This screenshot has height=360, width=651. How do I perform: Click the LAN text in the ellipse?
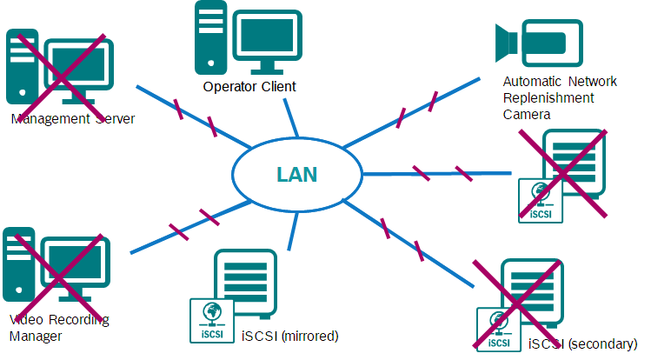coord(296,174)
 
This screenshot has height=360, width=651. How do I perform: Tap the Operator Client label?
coord(249,86)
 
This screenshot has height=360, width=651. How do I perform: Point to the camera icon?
coord(529,42)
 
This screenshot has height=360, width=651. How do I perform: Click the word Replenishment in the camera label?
coord(548,98)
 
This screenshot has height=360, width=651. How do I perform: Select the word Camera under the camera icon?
coord(527,114)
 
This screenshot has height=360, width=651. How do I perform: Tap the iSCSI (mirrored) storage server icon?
coord(246,283)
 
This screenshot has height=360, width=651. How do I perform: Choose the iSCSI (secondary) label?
coord(581,344)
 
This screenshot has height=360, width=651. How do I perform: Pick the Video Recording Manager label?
coord(58,327)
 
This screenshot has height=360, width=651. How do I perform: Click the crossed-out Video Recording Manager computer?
coord(56,270)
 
